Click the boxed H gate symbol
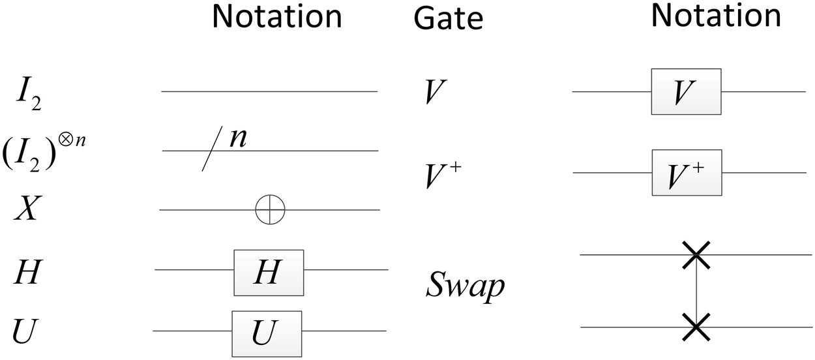pyautogui.click(x=269, y=272)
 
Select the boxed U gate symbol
pyautogui.click(x=267, y=333)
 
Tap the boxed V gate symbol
pyautogui.click(x=685, y=91)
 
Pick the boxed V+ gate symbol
pyautogui.click(x=686, y=172)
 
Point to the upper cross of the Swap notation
pyautogui.click(x=696, y=254)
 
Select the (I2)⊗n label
pyautogui.click(x=44, y=151)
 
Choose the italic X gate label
pyautogui.click(x=28, y=210)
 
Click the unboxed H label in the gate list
pyautogui.click(x=27, y=273)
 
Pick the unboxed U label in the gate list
pyautogui.click(x=26, y=332)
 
